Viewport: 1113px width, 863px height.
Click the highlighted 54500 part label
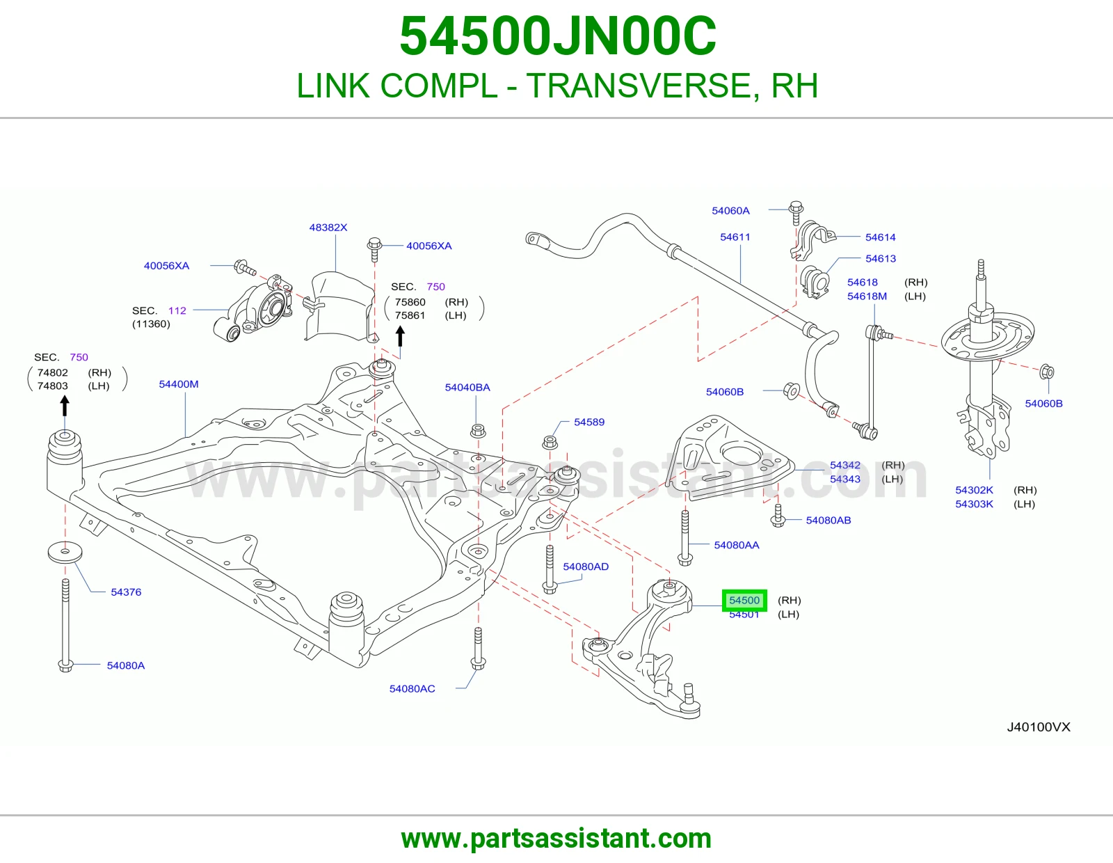pos(744,600)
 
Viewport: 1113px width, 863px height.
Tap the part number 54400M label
pos(178,384)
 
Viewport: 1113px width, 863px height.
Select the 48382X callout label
pos(328,227)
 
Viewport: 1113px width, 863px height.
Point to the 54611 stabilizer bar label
pos(735,237)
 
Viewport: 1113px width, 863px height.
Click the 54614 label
pos(881,237)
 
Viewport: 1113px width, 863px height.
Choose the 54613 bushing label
pos(881,258)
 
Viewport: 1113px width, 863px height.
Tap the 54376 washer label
pos(126,592)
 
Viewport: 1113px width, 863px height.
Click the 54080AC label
pos(413,689)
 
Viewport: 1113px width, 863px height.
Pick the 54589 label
pos(589,422)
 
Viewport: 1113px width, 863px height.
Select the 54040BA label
pos(467,388)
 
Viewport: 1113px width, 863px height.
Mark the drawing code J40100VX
pos(1039,727)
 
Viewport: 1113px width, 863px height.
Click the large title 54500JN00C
pos(558,36)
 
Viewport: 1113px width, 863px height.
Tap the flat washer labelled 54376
pos(65,552)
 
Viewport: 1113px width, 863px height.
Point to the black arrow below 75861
pos(401,337)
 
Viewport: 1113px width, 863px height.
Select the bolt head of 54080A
pos(65,666)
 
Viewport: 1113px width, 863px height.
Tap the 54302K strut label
pos(974,490)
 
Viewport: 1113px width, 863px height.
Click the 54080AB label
pos(828,520)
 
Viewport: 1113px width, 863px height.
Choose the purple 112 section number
pos(177,310)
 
